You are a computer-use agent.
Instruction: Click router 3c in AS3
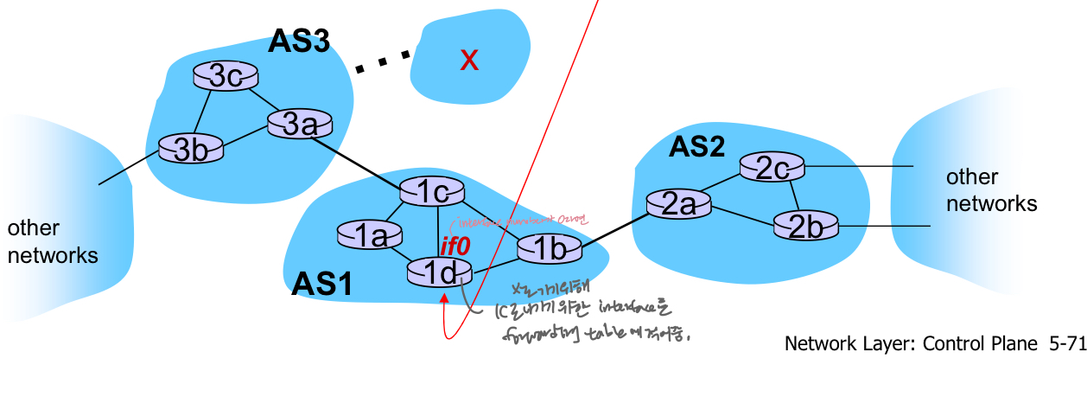226,77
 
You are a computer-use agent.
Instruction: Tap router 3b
190,146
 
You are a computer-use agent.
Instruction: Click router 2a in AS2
678,204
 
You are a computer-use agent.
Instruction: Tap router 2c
772,169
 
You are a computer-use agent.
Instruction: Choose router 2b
806,227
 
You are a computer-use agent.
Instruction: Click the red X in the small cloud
469,60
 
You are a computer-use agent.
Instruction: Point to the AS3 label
299,41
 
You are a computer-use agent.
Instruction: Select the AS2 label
696,148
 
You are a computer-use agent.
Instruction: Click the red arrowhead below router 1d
445,299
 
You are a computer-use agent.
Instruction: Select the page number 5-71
1065,343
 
